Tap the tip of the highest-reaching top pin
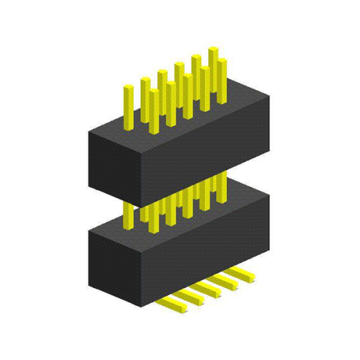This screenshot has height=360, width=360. [214, 49]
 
